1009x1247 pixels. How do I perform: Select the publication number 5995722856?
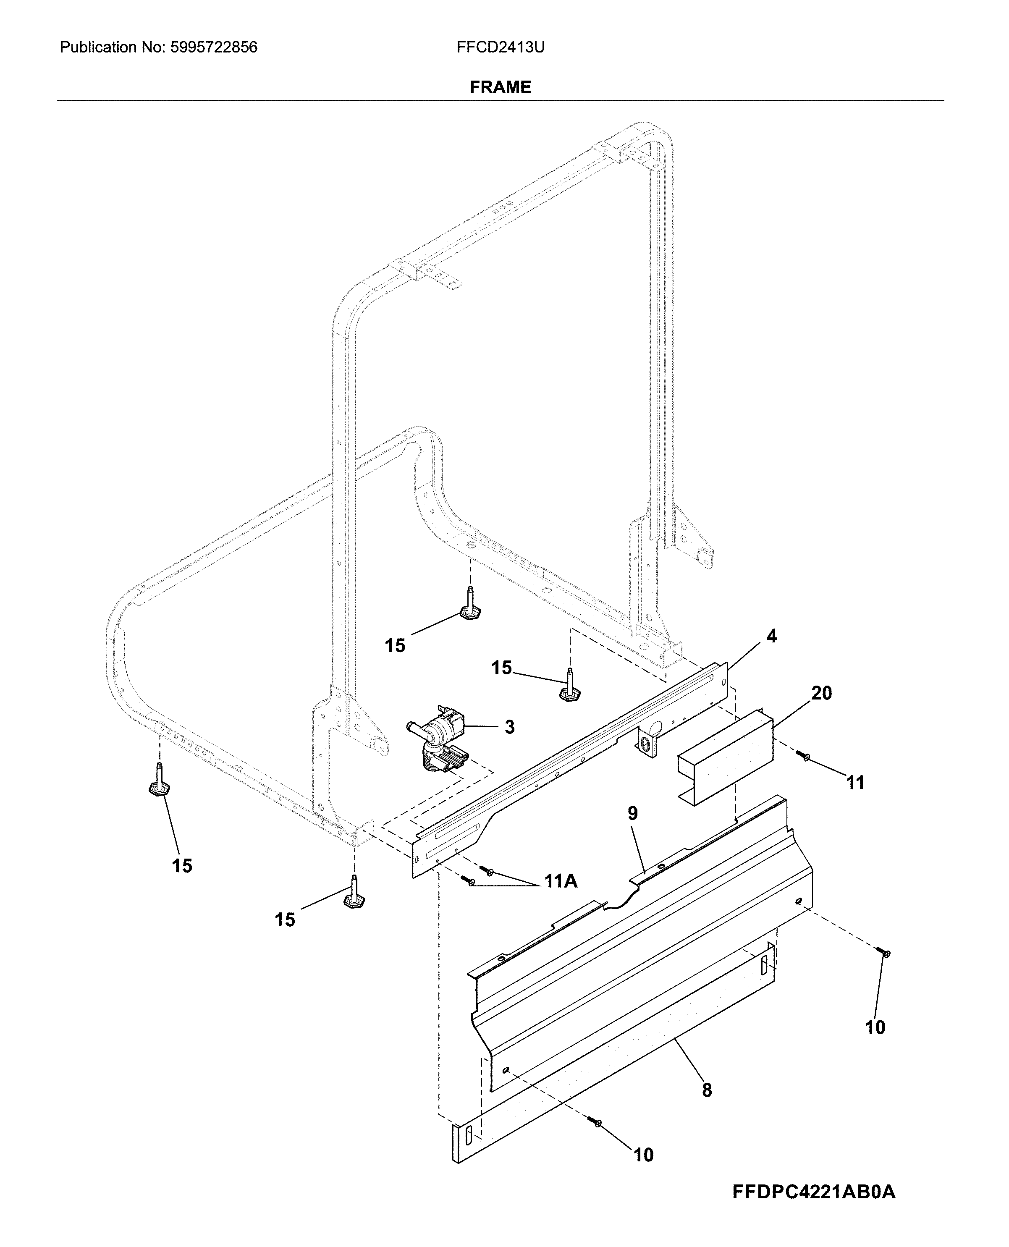(x=214, y=47)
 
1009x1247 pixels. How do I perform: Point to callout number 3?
(x=509, y=727)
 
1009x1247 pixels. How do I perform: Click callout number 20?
(x=821, y=693)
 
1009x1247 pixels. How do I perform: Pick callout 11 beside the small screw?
(x=855, y=783)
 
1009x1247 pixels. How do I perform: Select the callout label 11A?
(x=561, y=881)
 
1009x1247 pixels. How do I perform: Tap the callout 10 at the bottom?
(x=643, y=1155)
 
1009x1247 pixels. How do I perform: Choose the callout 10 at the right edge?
(x=875, y=1027)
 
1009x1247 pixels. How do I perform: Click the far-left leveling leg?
(x=159, y=781)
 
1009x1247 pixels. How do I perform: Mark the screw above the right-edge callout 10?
(x=885, y=953)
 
